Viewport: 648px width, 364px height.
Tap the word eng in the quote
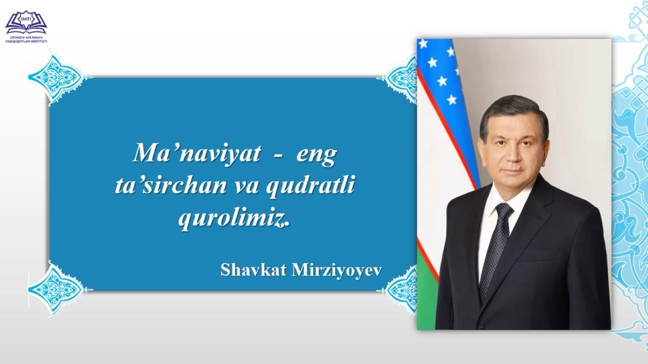tap(316, 156)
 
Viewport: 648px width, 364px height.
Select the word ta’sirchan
tap(171, 186)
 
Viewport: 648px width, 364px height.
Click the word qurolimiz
tap(234, 219)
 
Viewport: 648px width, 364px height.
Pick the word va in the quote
tap(246, 187)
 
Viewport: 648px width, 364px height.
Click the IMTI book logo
tap(26, 22)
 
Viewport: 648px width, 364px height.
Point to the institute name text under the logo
tap(26, 39)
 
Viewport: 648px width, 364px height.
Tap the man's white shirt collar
tap(509, 198)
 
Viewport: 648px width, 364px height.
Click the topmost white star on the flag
tap(423, 44)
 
